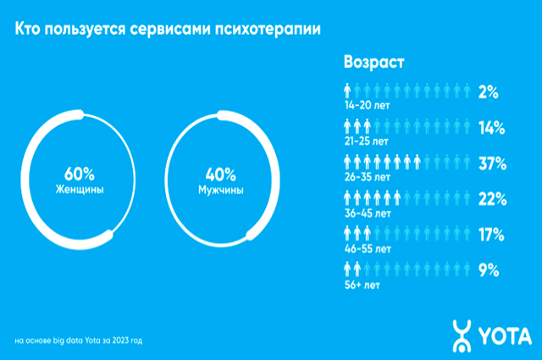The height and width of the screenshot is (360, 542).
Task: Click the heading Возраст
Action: (x=373, y=63)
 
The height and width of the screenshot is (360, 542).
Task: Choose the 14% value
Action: (x=491, y=128)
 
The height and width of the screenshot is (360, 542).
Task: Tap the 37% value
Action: (x=491, y=163)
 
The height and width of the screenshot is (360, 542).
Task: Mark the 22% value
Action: (x=491, y=200)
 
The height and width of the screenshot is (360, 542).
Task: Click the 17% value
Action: (x=491, y=235)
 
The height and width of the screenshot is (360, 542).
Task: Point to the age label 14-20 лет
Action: (x=367, y=106)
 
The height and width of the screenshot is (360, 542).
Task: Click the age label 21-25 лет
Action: (x=367, y=142)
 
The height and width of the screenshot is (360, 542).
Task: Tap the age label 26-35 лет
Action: (x=368, y=178)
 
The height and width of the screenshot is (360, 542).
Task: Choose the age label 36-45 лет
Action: (x=368, y=214)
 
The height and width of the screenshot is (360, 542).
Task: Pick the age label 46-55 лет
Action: (x=368, y=250)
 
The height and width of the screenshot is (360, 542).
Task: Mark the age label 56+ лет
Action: (x=362, y=286)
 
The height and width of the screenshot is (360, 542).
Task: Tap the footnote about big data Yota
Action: (x=79, y=341)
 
